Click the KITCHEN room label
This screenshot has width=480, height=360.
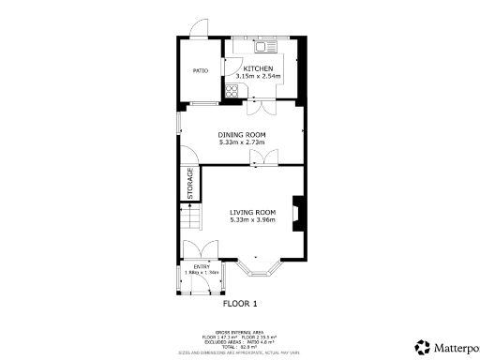258,70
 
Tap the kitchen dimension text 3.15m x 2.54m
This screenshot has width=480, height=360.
258,80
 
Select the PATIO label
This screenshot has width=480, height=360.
200,70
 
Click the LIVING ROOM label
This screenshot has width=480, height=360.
253,213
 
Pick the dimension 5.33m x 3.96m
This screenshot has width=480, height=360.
253,221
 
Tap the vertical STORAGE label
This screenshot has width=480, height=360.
190,183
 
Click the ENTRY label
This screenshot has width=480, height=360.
202,267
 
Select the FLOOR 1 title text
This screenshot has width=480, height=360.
240,304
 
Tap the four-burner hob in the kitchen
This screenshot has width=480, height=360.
232,91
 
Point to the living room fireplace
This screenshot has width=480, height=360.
296,214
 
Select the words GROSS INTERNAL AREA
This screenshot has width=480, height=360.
240,331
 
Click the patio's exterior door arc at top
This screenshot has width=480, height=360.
200,29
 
